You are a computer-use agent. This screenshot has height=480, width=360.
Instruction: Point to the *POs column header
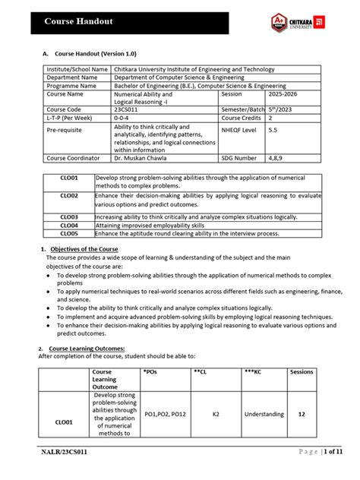(x=152, y=372)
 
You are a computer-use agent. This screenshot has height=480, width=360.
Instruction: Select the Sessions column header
(x=302, y=372)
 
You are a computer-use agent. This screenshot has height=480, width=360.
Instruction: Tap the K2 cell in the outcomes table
(x=216, y=414)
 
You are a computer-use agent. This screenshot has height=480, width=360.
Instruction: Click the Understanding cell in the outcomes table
(x=264, y=414)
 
